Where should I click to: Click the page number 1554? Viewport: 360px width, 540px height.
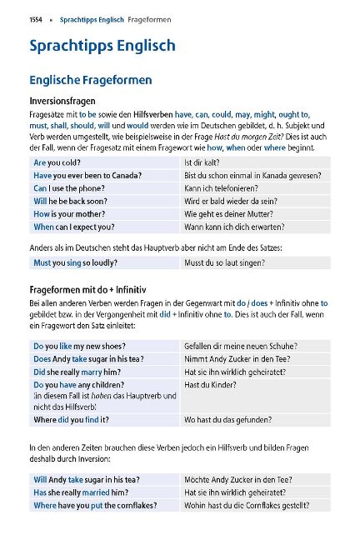pos(37,18)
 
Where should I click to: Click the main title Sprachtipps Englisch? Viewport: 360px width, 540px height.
pos(102,46)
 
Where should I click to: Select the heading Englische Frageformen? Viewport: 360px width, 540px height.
pos(90,81)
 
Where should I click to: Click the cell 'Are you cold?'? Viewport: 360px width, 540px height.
pos(57,163)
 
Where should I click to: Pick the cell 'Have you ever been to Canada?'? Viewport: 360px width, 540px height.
pos(87,176)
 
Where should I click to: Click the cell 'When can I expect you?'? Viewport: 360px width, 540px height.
pos(74,227)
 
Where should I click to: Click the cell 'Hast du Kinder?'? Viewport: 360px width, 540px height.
pos(210,385)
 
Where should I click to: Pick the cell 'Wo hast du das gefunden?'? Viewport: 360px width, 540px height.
pos(228,420)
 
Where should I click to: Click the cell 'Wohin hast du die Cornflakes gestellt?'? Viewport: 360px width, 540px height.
pos(252,505)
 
